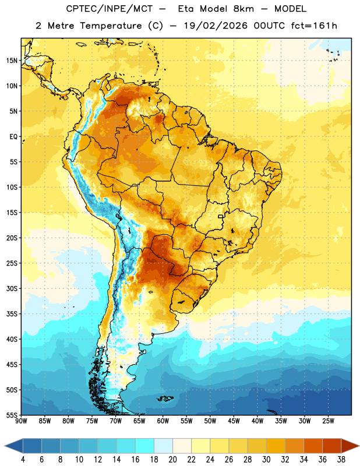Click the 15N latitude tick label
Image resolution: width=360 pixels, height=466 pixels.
click(x=12, y=61)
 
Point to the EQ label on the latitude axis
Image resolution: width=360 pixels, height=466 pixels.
click(x=13, y=137)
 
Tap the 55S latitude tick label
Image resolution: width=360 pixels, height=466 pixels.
click(x=12, y=415)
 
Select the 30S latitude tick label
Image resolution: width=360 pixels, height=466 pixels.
click(x=12, y=288)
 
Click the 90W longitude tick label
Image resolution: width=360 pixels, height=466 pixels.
click(x=21, y=421)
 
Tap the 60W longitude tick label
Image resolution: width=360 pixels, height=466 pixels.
click(x=163, y=421)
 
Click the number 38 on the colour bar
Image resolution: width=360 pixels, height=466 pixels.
click(x=341, y=460)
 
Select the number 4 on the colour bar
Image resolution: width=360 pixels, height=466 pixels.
click(x=23, y=460)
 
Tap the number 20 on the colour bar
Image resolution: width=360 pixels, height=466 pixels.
click(x=172, y=460)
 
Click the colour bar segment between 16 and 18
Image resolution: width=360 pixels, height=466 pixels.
click(x=145, y=446)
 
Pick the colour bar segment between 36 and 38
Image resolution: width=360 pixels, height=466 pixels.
click(x=332, y=446)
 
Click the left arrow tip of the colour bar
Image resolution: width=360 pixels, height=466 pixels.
click(x=5, y=446)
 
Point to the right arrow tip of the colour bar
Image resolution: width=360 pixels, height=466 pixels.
click(x=359, y=446)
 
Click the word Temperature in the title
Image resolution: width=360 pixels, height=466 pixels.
click(x=111, y=26)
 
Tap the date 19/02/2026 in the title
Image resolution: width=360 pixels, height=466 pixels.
click(x=216, y=26)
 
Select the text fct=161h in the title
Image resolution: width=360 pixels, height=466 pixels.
click(x=314, y=26)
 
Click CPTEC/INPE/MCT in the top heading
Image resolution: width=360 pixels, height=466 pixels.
click(x=109, y=9)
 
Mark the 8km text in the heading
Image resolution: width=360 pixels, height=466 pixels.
click(x=243, y=9)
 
